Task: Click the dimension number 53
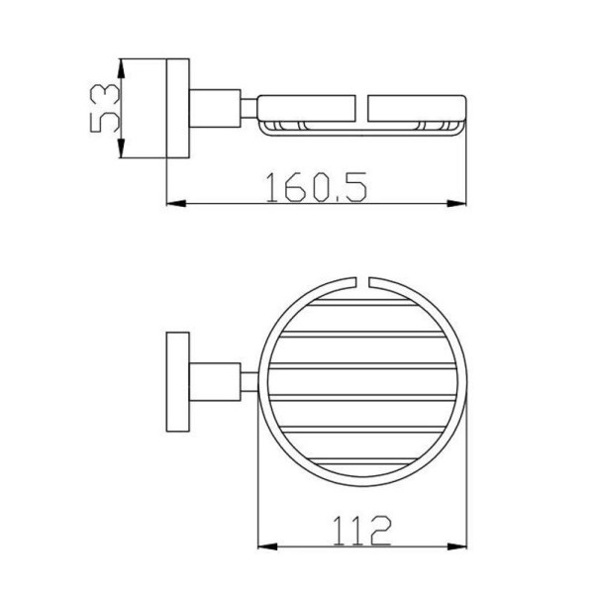pos(105,108)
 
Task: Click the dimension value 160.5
pos(317,187)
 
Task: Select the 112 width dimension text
pos(361,531)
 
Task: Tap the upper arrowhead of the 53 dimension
pos(121,69)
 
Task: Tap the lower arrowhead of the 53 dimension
pos(121,148)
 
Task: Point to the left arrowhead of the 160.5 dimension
pos(176,204)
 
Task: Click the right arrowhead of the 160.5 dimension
pos(456,204)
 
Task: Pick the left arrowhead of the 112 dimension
pos(267,546)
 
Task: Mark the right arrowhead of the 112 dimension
pos(457,546)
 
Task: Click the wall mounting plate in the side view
pos(178,108)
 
